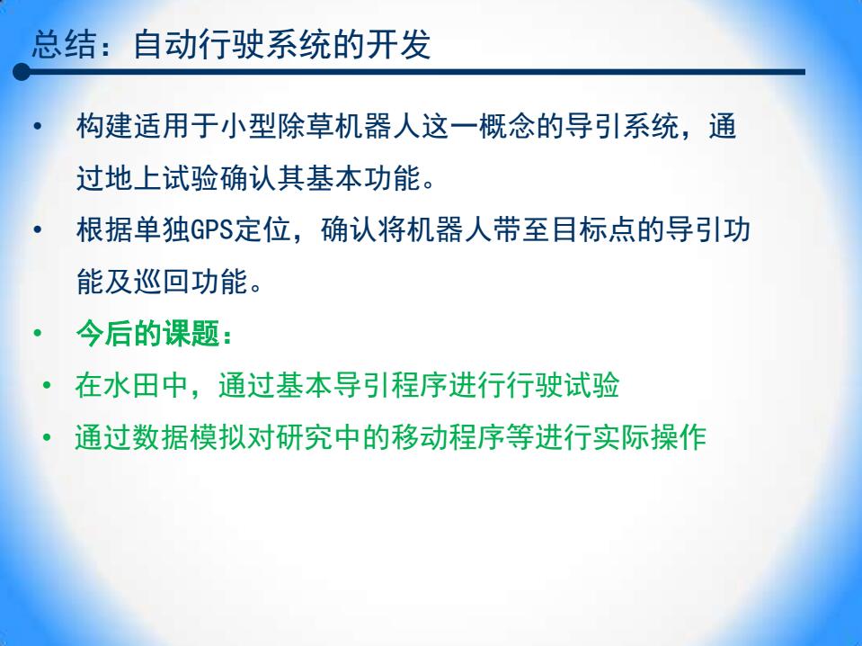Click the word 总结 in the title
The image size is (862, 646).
coord(65,44)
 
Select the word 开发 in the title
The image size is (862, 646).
coord(398,44)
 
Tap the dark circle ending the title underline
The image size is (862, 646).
coord(22,72)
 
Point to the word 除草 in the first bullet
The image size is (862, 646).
coord(307,127)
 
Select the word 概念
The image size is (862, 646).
coord(508,127)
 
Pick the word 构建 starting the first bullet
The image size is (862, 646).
coord(105,127)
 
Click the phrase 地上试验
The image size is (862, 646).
coord(162,178)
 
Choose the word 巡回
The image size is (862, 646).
coord(162,282)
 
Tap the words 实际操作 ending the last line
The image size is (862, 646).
coord(649,437)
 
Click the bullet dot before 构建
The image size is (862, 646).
coord(38,127)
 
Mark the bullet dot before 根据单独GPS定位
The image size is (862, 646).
coord(38,230)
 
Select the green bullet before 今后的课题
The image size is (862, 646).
coord(38,334)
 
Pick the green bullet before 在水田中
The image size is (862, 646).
coord(47,385)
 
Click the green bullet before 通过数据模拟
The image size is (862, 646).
coord(47,437)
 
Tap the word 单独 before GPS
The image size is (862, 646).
coord(162,230)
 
